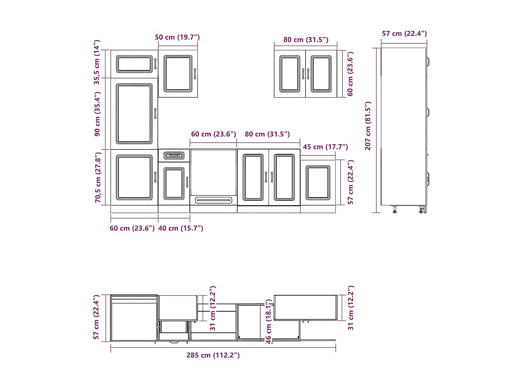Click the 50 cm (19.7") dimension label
(177, 37)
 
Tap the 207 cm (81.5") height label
(368, 126)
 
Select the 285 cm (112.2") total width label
(213, 355)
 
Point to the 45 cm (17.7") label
(325, 147)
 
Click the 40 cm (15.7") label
(181, 228)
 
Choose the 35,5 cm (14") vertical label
(97, 62)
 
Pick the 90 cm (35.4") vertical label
(97, 114)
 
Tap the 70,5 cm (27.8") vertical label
(98, 177)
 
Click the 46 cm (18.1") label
(268, 321)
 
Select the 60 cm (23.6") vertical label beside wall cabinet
(350, 74)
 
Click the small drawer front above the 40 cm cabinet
(174, 156)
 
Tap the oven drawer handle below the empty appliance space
(213, 200)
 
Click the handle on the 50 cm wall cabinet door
(195, 74)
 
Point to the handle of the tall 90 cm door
(155, 114)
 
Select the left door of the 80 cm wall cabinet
(290, 74)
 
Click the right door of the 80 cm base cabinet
(284, 177)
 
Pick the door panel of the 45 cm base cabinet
(318, 183)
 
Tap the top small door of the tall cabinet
(134, 64)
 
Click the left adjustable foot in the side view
(395, 209)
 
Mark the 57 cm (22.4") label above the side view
(404, 33)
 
